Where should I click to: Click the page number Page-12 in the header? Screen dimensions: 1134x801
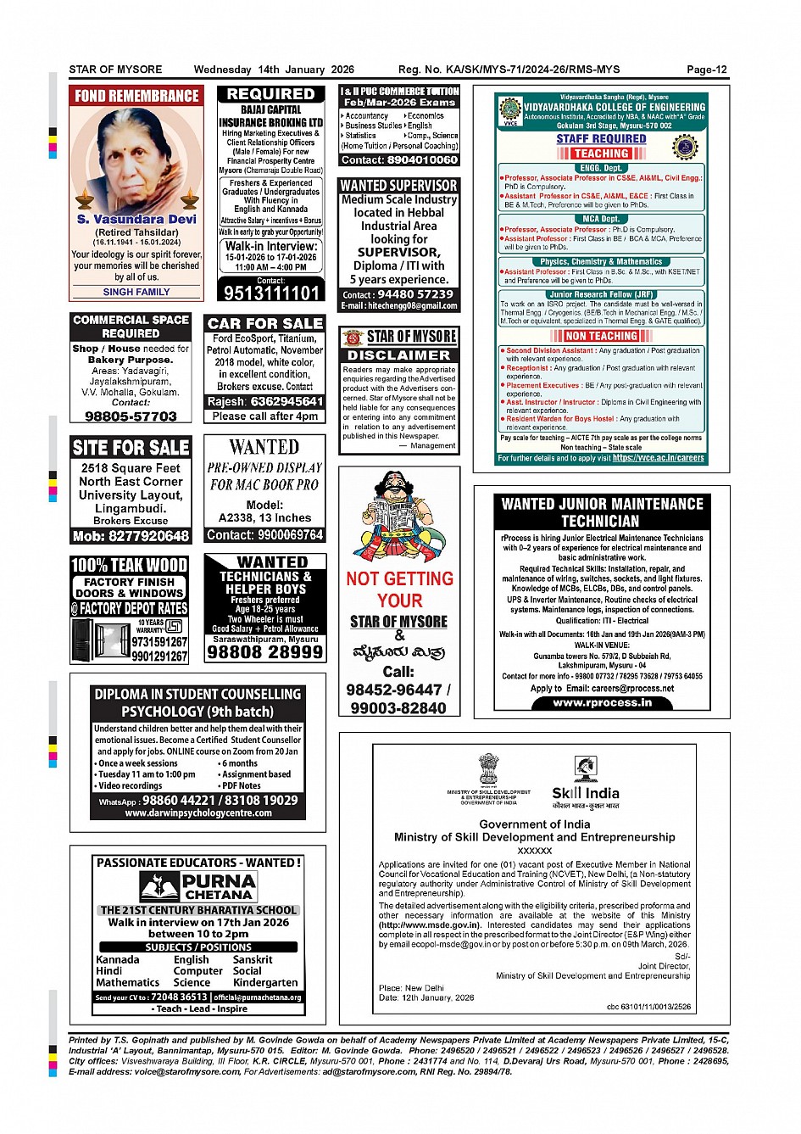pyautogui.click(x=706, y=70)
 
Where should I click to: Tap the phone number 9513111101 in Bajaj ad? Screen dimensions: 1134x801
pyautogui.click(x=270, y=293)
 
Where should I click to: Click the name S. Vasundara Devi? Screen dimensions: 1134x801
pyautogui.click(x=136, y=219)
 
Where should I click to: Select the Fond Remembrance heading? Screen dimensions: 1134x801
pyautogui.click(x=136, y=96)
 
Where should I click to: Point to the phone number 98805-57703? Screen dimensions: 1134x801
pyautogui.click(x=131, y=416)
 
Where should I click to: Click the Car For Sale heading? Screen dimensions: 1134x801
pyautogui.click(x=265, y=323)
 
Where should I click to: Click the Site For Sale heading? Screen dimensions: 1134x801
pyautogui.click(x=131, y=447)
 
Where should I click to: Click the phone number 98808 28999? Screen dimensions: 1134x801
pyautogui.click(x=265, y=651)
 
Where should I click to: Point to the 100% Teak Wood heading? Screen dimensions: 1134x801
pyautogui.click(x=130, y=565)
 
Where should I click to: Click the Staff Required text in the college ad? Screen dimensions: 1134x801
pyautogui.click(x=601, y=138)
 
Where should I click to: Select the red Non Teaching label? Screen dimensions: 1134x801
pyautogui.click(x=601, y=336)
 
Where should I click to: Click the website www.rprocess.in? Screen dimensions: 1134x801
pyautogui.click(x=602, y=702)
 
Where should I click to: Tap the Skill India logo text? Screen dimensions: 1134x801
pyautogui.click(x=586, y=793)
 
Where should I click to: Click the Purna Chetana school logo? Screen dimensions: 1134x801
pyautogui.click(x=198, y=886)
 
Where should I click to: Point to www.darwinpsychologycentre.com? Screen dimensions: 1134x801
pyautogui.click(x=198, y=813)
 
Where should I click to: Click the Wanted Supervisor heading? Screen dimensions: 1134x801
pyautogui.click(x=398, y=185)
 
